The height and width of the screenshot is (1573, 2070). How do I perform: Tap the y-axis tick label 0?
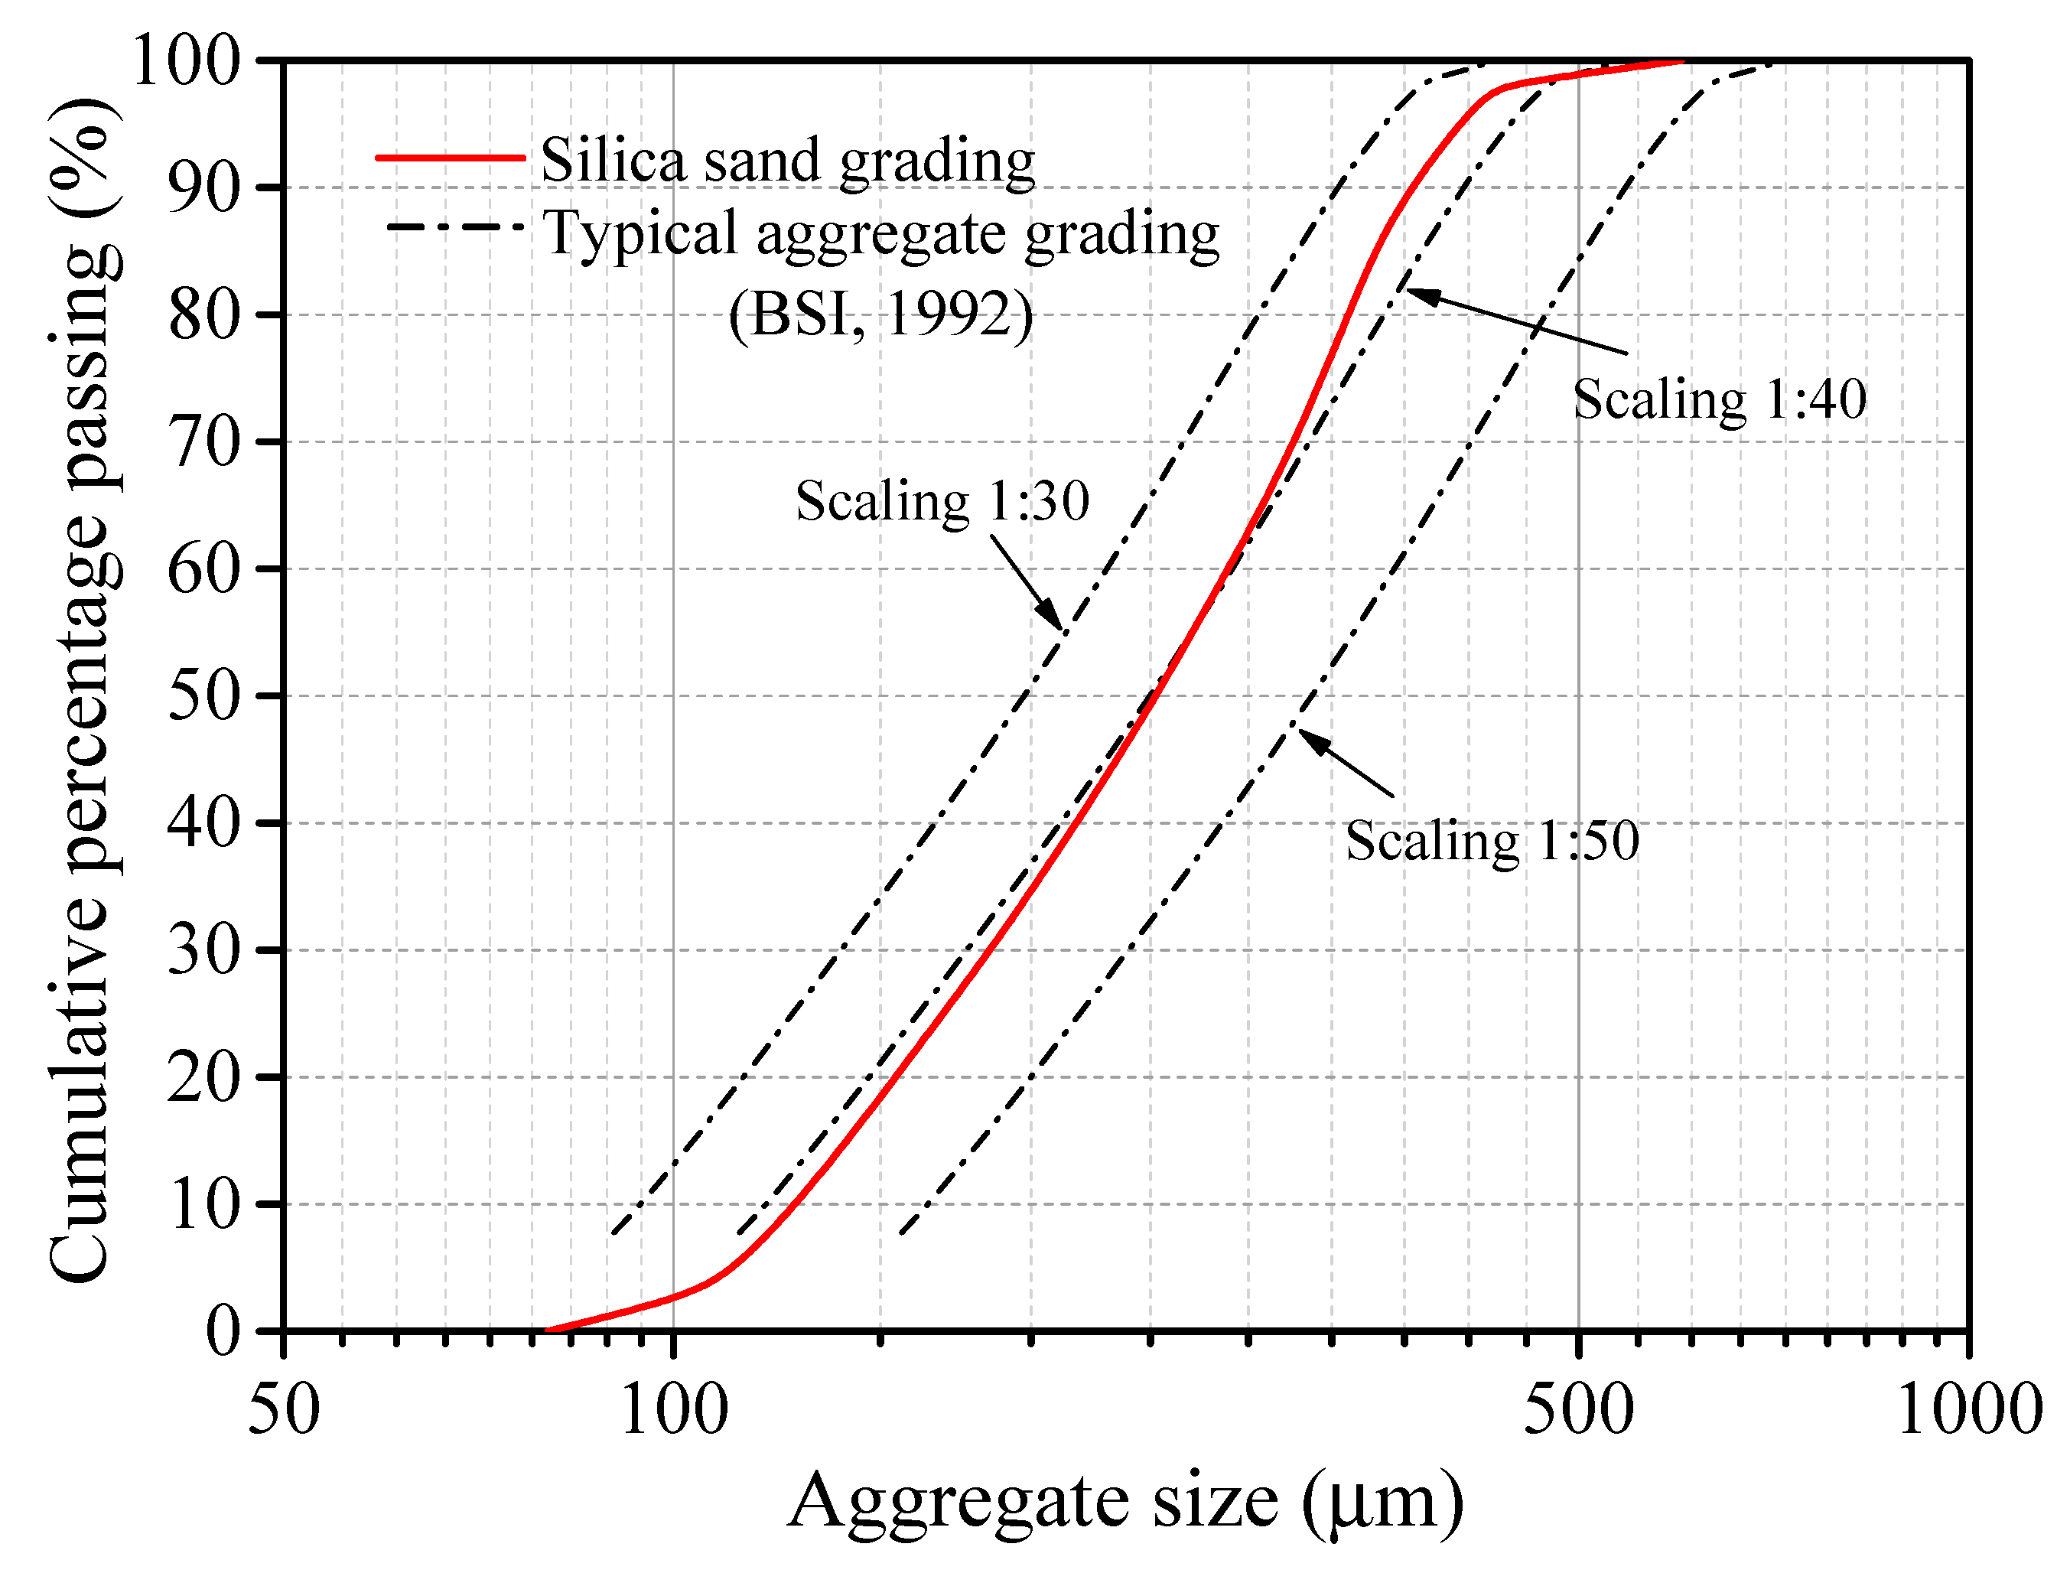[223, 1330]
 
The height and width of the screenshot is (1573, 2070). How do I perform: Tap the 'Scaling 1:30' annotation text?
[942, 501]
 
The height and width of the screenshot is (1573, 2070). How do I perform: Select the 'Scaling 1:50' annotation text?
[1492, 840]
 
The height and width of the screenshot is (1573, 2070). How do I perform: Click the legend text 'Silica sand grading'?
[787, 160]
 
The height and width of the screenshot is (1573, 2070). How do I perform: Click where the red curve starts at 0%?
[547, 1330]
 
